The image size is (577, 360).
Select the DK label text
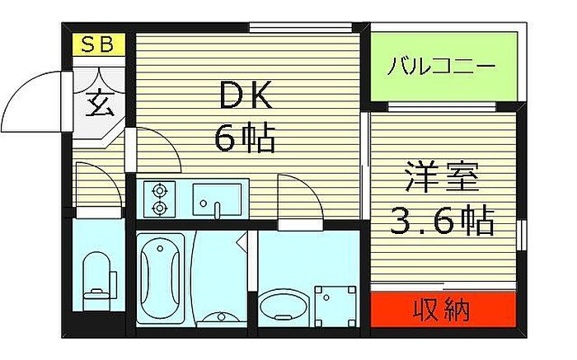click(x=246, y=95)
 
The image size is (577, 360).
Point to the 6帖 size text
click(x=245, y=138)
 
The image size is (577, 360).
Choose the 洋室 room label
click(x=442, y=177)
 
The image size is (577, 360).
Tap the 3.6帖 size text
click(x=442, y=220)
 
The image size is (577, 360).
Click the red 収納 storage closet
click(x=443, y=310)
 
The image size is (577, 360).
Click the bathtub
click(x=160, y=279)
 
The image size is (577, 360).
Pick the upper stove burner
click(x=160, y=191)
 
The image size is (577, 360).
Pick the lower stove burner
click(x=160, y=208)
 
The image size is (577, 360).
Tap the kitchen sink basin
click(x=218, y=200)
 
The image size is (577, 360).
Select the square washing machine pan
click(x=335, y=306)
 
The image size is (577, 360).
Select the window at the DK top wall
click(x=300, y=27)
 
